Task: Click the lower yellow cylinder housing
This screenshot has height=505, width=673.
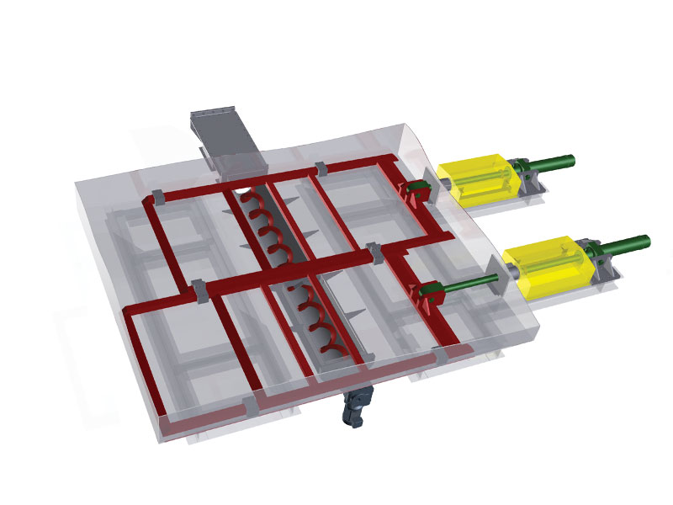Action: pyautogui.click(x=545, y=268)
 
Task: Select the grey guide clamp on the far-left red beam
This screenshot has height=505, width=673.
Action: pyautogui.click(x=156, y=200)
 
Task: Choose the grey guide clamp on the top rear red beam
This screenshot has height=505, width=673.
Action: pyautogui.click(x=319, y=167)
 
